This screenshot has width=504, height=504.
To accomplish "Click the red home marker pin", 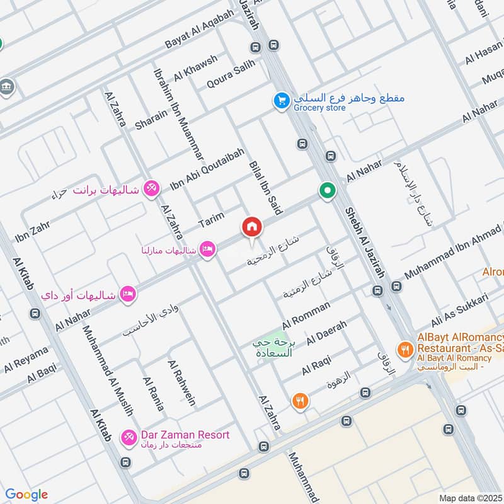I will (x=252, y=227).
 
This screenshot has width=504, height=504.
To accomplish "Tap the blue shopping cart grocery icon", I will (x=281, y=100).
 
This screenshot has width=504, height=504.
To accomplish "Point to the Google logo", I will (x=26, y=495).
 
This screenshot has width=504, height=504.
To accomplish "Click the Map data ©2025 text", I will (x=471, y=498).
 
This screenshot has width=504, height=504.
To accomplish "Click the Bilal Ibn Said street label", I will (x=265, y=186).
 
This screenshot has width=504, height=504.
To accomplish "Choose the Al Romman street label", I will (x=306, y=316).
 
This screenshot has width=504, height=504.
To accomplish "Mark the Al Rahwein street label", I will (x=182, y=384).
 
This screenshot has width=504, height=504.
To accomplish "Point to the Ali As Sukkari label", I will (x=459, y=310).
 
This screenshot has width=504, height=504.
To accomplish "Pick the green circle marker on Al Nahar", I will (x=326, y=190).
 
